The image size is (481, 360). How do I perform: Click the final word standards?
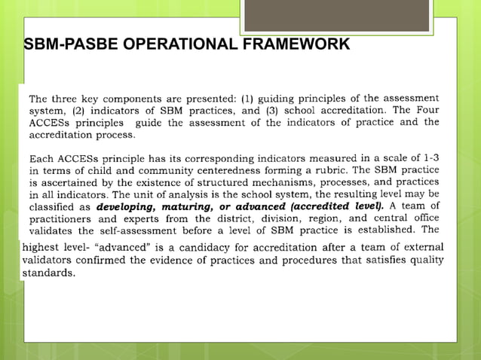(x=47, y=273)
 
